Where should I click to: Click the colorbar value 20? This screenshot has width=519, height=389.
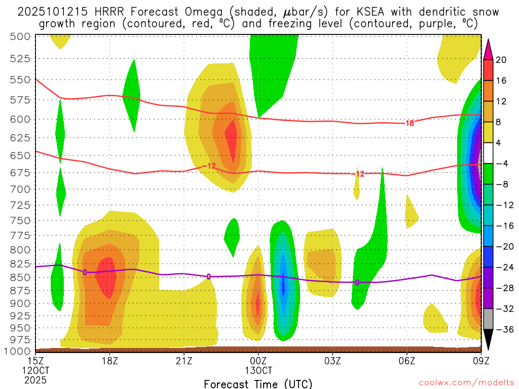point(501,60)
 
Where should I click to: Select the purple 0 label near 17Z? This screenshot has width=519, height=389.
point(85,272)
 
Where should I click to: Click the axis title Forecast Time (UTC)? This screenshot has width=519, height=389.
point(258,383)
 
